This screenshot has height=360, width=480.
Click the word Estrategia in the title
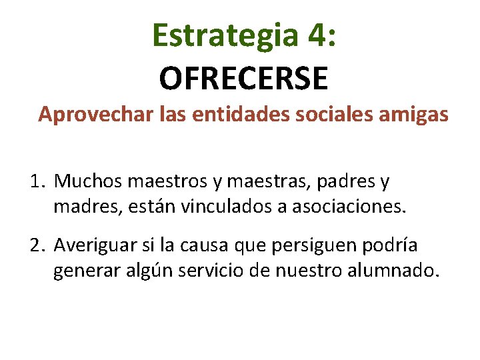[x=225, y=35]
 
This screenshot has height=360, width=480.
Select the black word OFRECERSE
[x=243, y=78]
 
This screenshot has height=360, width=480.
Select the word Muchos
[x=89, y=181]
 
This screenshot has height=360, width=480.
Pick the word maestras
[x=281, y=181]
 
